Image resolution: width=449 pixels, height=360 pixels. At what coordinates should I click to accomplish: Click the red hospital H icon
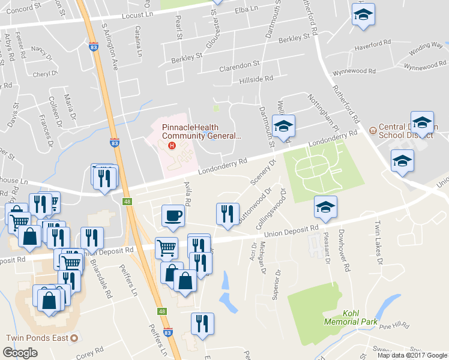pyautogui.click(x=172, y=145)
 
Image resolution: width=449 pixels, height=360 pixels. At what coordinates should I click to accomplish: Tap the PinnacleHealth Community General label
pyautogui.click(x=202, y=131)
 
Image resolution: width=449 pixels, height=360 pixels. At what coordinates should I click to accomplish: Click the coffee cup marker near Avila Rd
pyautogui.click(x=173, y=216)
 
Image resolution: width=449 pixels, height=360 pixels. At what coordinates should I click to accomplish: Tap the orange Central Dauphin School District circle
pyautogui.click(x=372, y=128)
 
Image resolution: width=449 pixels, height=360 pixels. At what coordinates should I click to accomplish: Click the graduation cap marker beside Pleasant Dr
pyautogui.click(x=326, y=208)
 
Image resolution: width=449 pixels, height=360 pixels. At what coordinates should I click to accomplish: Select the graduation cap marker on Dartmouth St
pyautogui.click(x=283, y=126)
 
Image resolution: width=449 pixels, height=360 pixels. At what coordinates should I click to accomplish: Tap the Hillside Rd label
pyautogui.click(x=256, y=78)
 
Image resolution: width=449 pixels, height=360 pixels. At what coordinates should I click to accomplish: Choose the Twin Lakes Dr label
pyautogui.click(x=378, y=243)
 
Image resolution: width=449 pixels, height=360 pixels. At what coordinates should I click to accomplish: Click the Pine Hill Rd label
pyautogui.click(x=394, y=325)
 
